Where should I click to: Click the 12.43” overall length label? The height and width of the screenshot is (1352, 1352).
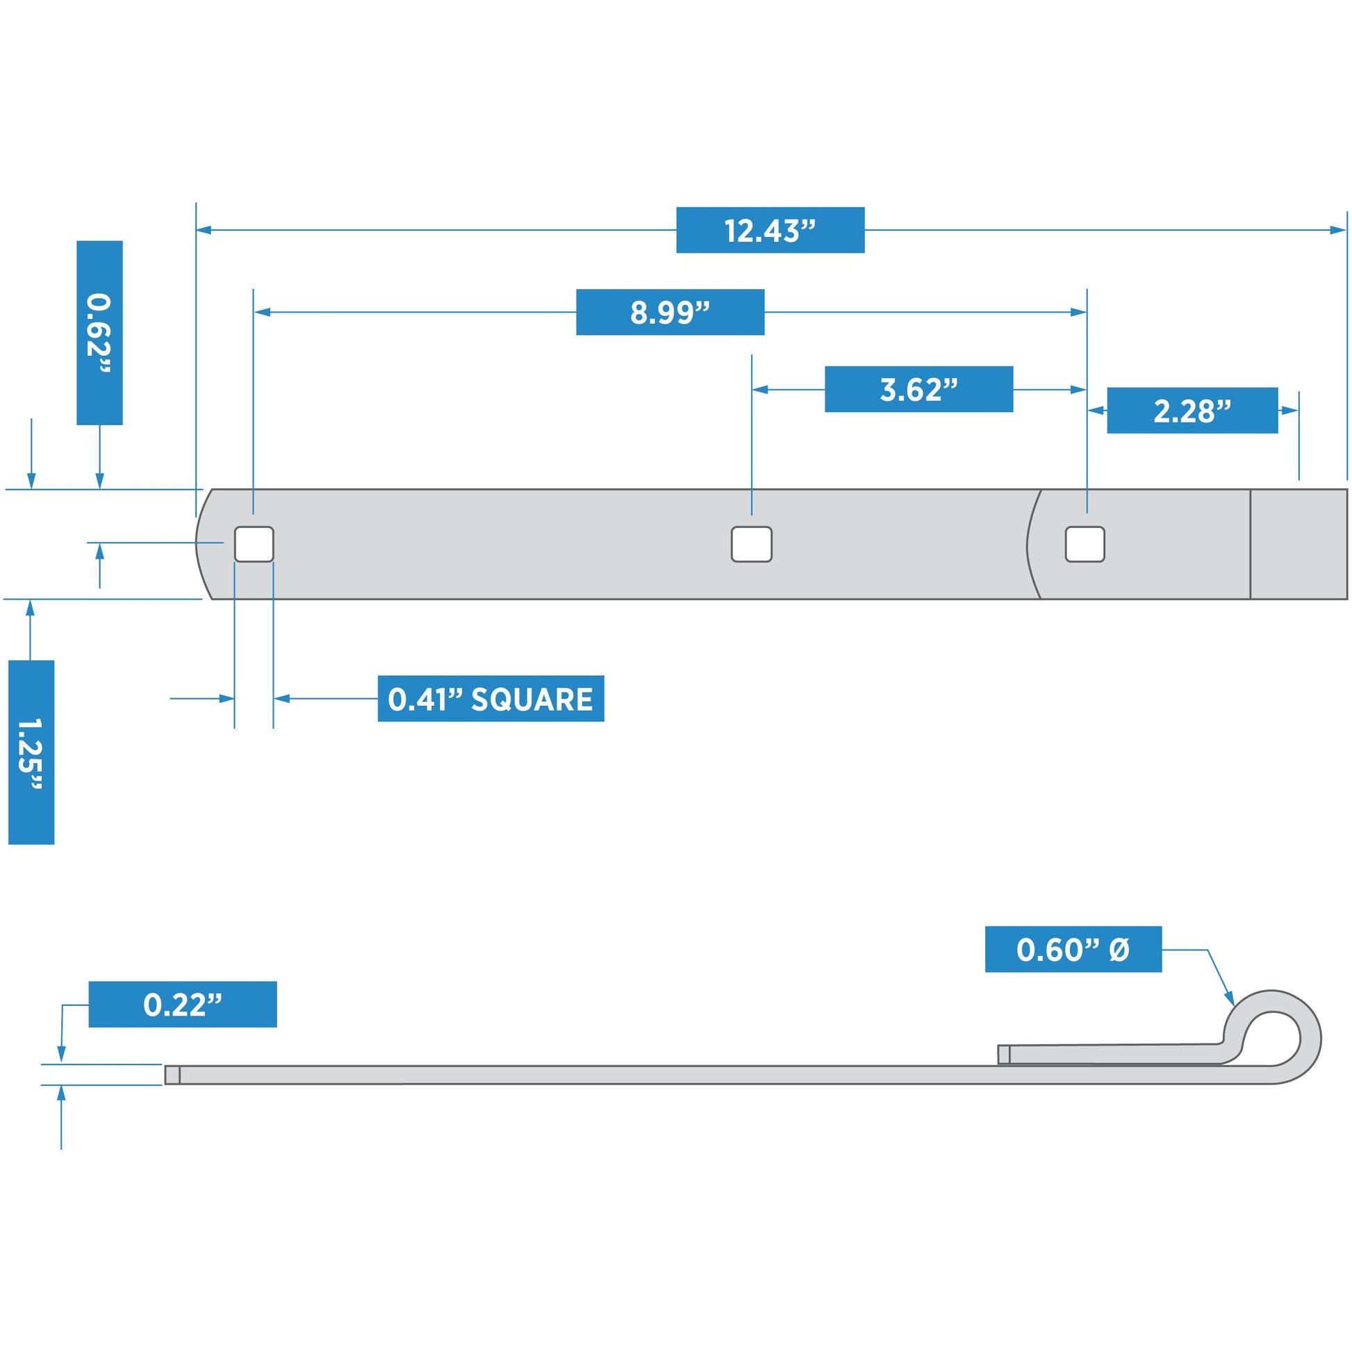[x=770, y=230]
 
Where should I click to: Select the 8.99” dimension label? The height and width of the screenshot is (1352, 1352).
[x=670, y=312]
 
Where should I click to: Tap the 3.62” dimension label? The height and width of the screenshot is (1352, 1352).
[x=918, y=389]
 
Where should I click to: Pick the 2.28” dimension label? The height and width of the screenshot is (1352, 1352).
[x=1192, y=411]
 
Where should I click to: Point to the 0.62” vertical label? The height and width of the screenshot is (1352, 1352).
[x=99, y=332]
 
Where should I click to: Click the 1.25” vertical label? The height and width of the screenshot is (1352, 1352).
[x=31, y=752]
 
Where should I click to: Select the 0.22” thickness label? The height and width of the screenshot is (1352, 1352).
[x=183, y=1004]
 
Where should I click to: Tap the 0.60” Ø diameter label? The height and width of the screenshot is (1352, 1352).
[x=1073, y=950]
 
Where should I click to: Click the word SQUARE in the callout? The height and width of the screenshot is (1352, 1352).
[x=532, y=699]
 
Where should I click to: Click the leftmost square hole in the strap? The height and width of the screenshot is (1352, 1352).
[x=254, y=544]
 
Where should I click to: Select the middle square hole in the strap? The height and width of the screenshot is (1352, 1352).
[x=752, y=544]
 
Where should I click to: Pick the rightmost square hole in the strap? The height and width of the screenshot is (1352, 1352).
[x=1085, y=544]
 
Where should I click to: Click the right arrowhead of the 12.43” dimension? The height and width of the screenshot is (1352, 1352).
[x=1338, y=229]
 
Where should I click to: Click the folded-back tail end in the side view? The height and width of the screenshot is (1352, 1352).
[x=1003, y=1054]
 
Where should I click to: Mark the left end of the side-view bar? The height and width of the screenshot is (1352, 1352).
[x=172, y=1075]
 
